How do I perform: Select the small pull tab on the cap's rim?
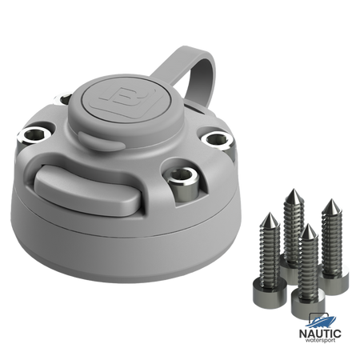pos(102,141)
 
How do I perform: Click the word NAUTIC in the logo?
pos(320,334)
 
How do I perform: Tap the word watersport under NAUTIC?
pos(320,340)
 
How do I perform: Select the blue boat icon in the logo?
pos(322,322)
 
